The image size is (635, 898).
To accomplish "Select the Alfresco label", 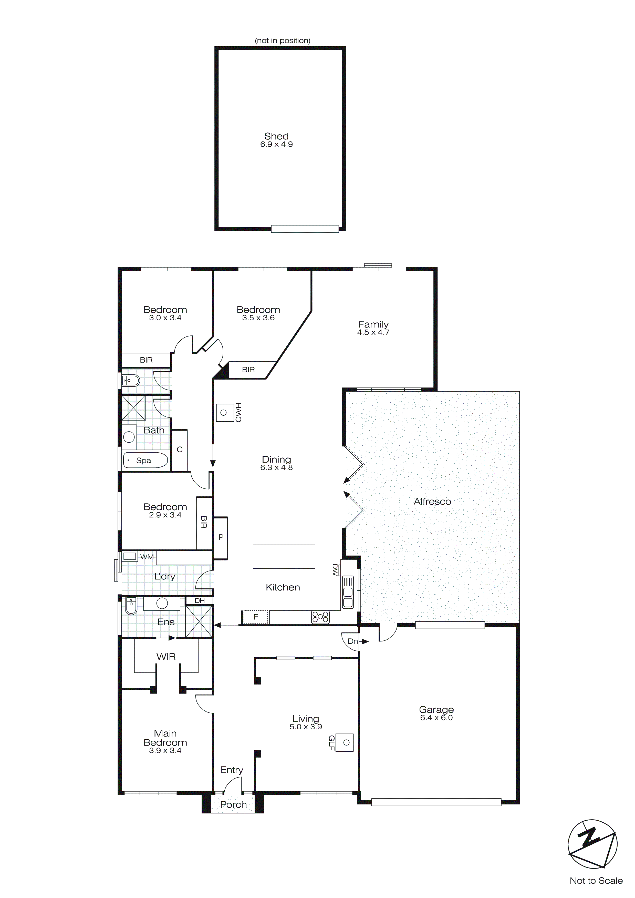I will [x=432, y=502].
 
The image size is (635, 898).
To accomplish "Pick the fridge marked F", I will [x=256, y=617].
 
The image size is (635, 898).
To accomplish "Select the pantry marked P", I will [x=221, y=537].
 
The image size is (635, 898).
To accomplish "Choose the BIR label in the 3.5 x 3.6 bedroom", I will [x=248, y=370].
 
